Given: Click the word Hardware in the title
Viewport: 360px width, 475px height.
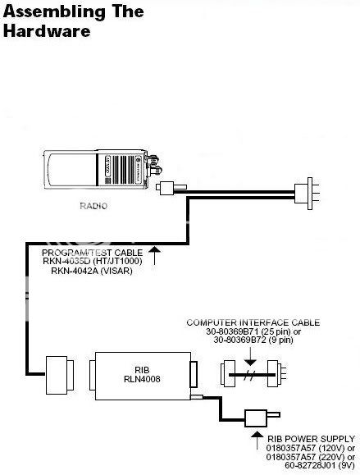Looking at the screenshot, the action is click(47, 31).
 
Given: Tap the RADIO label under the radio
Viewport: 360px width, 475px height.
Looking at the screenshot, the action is click(93, 206).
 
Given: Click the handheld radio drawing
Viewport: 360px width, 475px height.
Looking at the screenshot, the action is click(103, 169).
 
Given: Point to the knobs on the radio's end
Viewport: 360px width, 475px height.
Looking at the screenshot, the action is click(155, 165).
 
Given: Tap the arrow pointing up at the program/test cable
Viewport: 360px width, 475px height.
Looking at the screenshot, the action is click(154, 256).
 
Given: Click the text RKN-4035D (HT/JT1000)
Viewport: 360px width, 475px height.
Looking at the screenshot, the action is click(93, 261).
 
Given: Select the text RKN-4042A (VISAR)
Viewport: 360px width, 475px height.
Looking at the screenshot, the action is click(92, 271).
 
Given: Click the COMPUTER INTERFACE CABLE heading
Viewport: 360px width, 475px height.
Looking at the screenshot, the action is click(253, 322).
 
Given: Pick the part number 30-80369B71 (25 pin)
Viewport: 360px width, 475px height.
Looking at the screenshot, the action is click(253, 331).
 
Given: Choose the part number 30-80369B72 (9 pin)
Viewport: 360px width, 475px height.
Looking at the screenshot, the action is click(253, 340).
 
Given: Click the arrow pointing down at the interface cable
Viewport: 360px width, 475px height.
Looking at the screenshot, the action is click(250, 356).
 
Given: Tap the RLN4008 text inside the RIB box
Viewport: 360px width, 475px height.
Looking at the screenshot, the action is click(142, 379).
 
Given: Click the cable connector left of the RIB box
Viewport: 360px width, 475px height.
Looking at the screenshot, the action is click(60, 375).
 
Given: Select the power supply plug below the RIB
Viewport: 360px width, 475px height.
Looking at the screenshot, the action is click(262, 418).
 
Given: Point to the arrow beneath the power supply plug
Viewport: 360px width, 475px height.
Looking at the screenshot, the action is click(257, 441).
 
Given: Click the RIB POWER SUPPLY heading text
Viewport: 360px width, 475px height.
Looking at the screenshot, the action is click(311, 439).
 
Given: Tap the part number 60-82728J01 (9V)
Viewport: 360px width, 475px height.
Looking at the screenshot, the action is click(320, 465).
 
